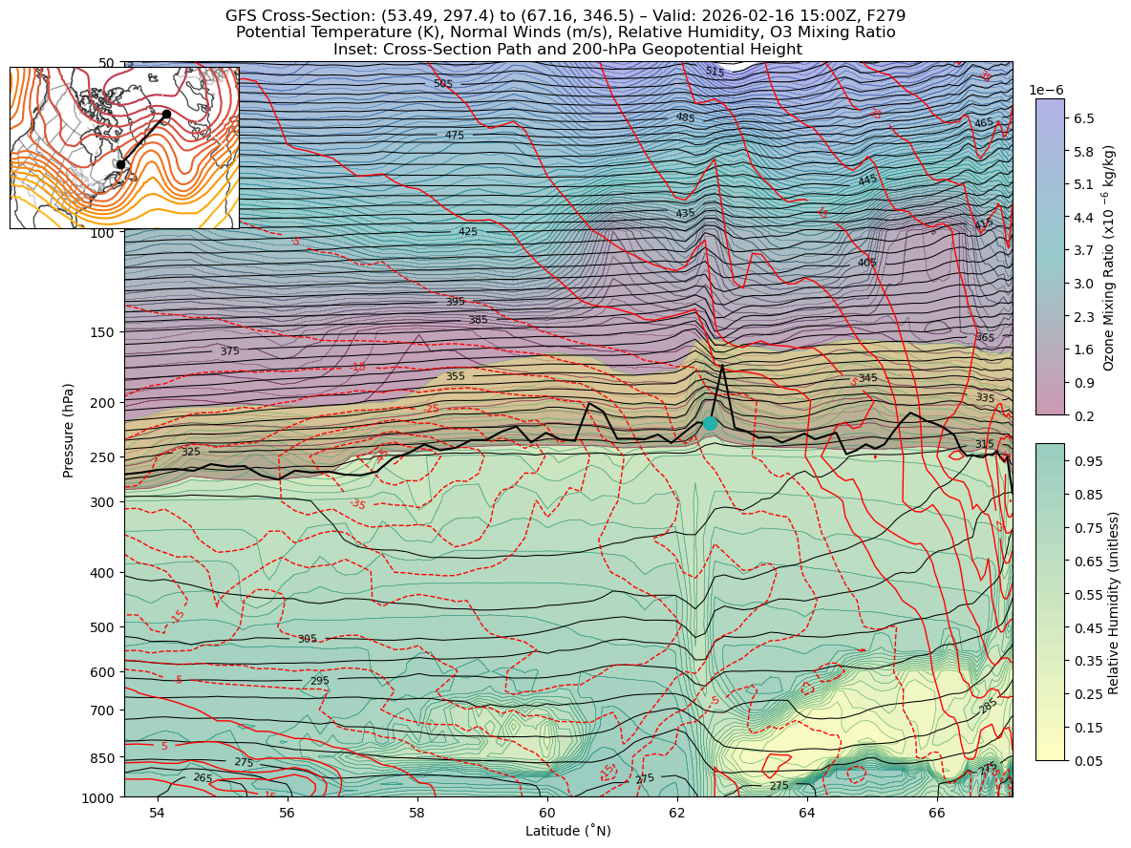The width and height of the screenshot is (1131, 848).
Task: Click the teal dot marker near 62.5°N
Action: coord(710,423)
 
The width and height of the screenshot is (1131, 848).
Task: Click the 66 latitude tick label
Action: coord(937,813)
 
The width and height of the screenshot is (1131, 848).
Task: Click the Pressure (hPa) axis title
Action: coord(69,429)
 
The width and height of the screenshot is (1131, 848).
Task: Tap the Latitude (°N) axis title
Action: coord(567,831)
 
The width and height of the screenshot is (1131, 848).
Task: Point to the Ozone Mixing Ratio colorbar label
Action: coord(1109,257)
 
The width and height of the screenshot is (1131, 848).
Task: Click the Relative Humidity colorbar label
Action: coord(1113,602)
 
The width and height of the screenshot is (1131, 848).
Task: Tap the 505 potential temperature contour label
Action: coord(443,84)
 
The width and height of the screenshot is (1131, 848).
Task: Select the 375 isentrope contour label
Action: coord(229,351)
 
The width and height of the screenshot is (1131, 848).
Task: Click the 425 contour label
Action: coord(468,232)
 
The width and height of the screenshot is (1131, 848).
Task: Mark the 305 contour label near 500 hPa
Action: coord(307,640)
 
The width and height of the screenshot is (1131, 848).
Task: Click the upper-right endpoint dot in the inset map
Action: coord(166,115)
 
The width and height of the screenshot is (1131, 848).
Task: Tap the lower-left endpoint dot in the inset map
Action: coord(120,164)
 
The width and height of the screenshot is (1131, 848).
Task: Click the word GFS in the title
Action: coord(243,15)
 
